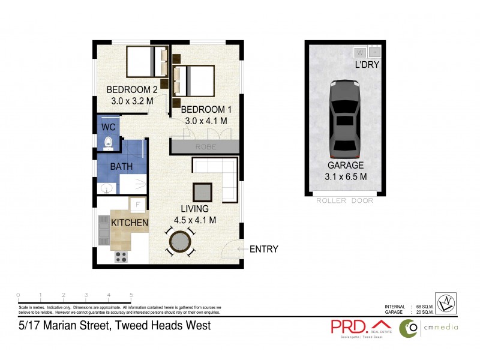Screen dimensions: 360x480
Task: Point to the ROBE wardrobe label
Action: click(205, 146)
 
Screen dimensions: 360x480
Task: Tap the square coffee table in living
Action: click(202, 192)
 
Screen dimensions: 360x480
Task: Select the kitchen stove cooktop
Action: click(121, 257)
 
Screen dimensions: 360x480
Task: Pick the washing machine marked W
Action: click(359, 52)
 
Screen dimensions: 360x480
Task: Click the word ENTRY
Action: click(263, 249)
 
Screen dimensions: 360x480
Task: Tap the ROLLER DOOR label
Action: click(344, 200)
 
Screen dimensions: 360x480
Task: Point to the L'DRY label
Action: click(366, 65)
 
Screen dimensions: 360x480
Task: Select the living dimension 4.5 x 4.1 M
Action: click(194, 220)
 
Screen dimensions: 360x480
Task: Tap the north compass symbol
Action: click(445, 303)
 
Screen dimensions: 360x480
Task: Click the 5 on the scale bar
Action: click(131, 295)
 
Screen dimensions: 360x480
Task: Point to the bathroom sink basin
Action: click(107, 188)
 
